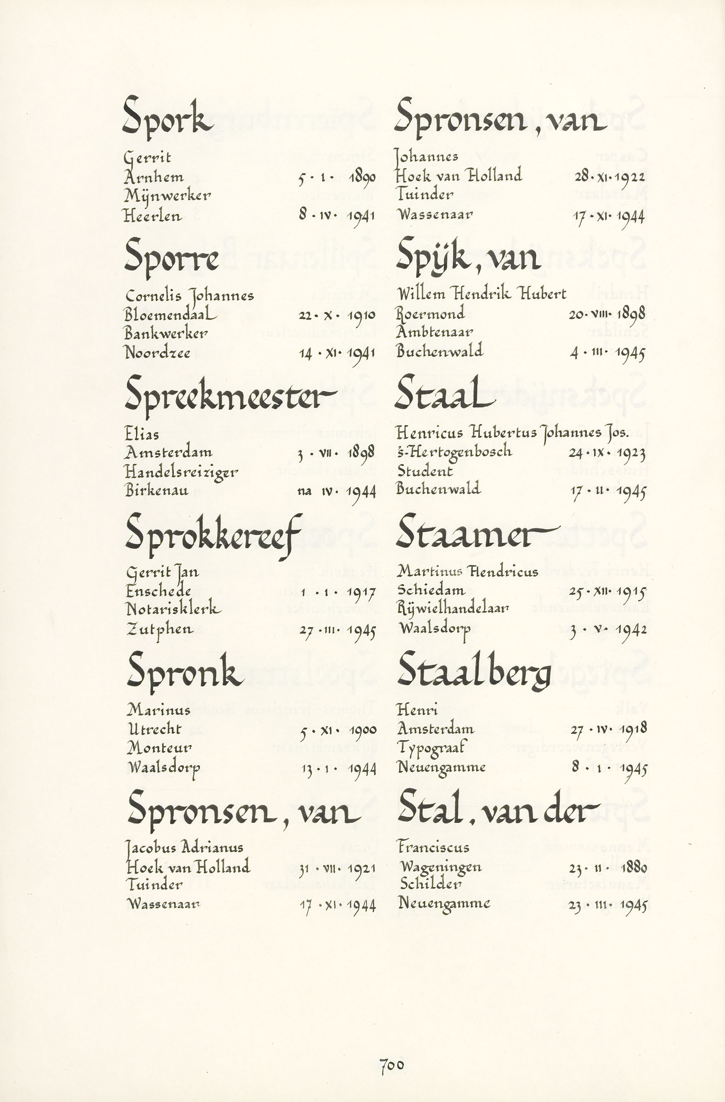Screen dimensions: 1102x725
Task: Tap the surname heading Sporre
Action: pyautogui.click(x=171, y=259)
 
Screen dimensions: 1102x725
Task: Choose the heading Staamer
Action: pyautogui.click(x=477, y=534)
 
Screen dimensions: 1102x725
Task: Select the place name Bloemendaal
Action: pyautogui.click(x=170, y=315)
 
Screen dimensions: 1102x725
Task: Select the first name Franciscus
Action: pyautogui.click(x=434, y=847)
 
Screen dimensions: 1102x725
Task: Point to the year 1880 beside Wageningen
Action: pyautogui.click(x=634, y=867)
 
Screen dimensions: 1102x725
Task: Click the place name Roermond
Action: pyautogui.click(x=431, y=314)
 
